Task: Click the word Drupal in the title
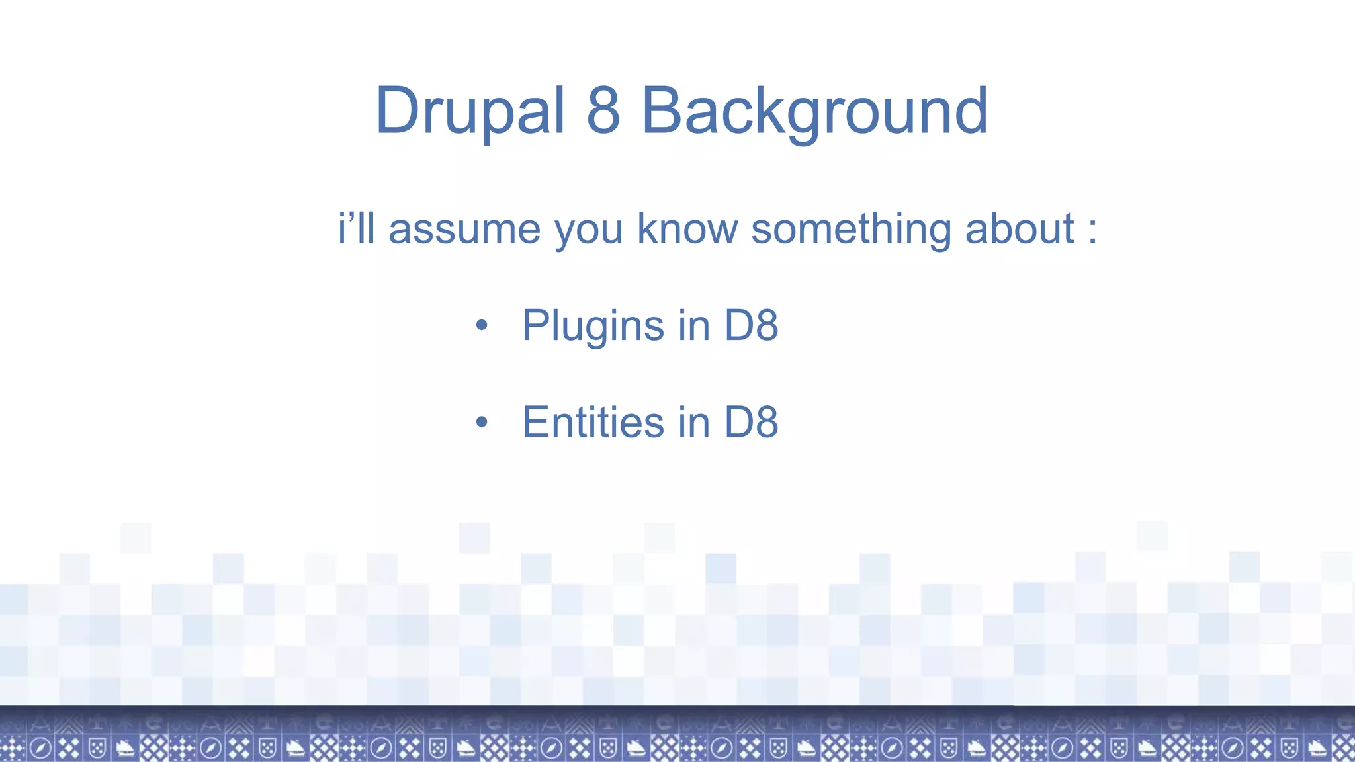click(x=470, y=111)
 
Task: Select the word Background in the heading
click(x=814, y=111)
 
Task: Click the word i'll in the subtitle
click(x=357, y=228)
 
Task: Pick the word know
click(x=687, y=229)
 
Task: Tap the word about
click(x=1020, y=229)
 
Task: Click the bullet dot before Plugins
click(x=482, y=325)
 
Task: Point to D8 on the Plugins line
click(x=751, y=325)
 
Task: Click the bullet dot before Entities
click(x=482, y=422)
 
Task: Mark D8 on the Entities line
click(x=751, y=422)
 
